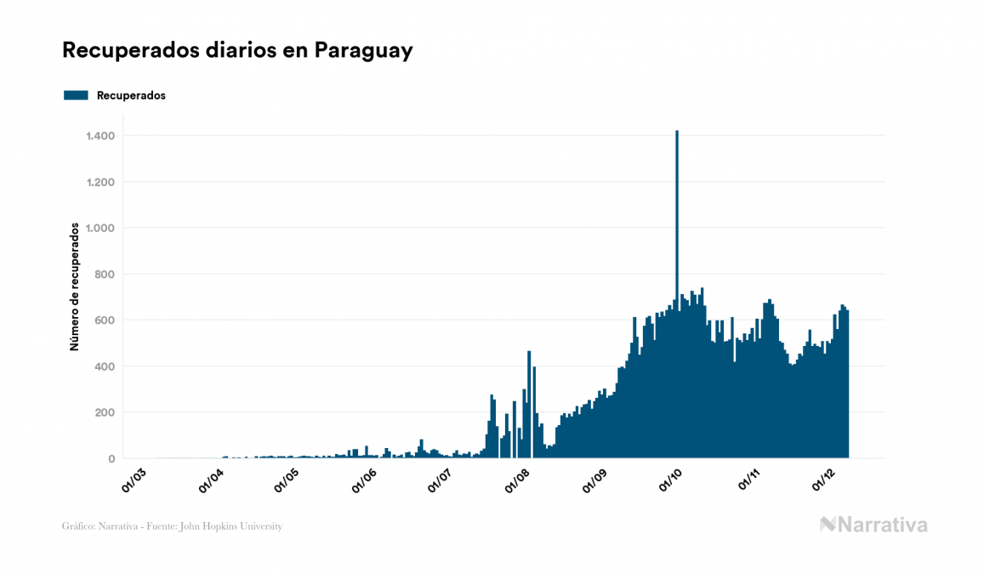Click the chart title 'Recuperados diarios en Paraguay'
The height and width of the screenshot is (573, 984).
[237, 50]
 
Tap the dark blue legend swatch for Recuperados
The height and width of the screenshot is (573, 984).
[76, 95]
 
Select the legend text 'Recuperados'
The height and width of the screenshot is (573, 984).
[131, 95]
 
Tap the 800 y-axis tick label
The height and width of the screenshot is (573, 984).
[105, 274]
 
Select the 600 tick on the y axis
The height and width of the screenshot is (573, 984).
[105, 321]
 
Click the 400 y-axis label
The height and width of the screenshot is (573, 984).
[105, 366]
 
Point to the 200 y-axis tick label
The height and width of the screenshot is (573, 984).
[105, 412]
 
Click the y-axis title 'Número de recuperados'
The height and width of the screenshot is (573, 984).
[74, 287]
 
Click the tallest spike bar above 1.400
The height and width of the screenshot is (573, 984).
[677, 255]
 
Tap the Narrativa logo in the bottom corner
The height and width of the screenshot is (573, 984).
[873, 525]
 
